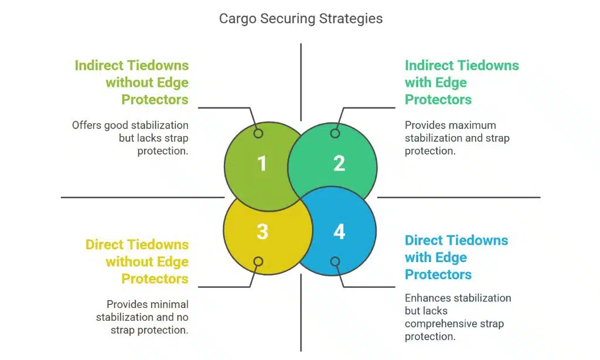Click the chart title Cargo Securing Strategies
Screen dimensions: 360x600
(301, 18)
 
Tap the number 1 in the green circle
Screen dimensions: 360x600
(262, 163)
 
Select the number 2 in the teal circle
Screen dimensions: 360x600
(339, 163)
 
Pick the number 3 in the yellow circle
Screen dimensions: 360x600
(262, 232)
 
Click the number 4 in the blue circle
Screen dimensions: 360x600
(339, 232)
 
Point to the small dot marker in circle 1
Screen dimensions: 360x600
(258, 134)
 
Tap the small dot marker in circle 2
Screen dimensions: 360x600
(335, 134)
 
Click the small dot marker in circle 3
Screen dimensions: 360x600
(258, 261)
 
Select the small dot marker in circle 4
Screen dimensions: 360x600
(335, 261)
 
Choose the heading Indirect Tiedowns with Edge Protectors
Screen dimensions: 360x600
(461, 83)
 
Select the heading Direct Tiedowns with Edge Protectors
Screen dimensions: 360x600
(456, 257)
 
